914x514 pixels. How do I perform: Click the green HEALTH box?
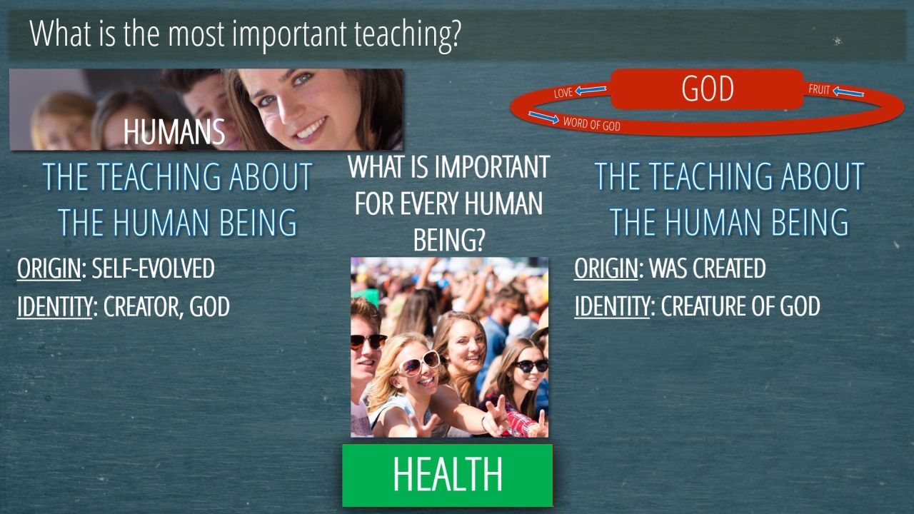point(447,475)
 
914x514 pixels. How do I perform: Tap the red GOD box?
point(707,89)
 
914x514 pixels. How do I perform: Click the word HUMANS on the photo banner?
point(174,132)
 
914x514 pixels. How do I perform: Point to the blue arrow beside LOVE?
point(591,90)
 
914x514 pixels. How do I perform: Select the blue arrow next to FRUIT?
point(848,92)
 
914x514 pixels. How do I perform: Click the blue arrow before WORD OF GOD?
point(543,117)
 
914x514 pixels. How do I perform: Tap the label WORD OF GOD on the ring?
point(592,124)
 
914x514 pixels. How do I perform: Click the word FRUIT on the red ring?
point(819,89)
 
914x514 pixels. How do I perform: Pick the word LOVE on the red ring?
point(563,93)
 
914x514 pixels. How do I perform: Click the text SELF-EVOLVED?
point(153,268)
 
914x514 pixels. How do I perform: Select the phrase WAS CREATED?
point(707,268)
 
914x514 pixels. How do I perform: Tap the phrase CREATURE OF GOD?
point(740,306)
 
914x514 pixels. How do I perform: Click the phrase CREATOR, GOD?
point(166,307)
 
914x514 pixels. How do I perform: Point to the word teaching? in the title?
point(407,34)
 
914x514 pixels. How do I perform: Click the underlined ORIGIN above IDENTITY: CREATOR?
point(49,268)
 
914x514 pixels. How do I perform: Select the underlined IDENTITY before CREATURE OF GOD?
point(612,307)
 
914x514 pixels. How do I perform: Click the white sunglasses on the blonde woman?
point(418,363)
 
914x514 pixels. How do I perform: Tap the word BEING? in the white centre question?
point(448,241)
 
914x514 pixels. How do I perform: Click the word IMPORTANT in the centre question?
point(492,167)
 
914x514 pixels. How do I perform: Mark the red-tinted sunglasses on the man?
point(368,341)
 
